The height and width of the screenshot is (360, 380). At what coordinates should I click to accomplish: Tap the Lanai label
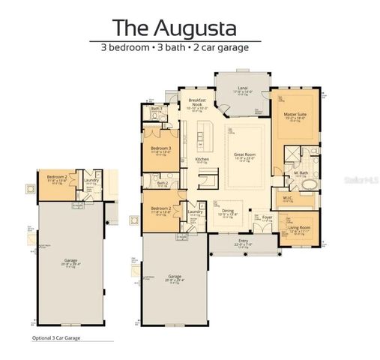[242, 88]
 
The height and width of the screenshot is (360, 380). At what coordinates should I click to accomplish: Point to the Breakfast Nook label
[197, 103]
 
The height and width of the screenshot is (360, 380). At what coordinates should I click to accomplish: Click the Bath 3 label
[156, 109]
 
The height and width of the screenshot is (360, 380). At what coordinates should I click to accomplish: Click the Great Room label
[244, 154]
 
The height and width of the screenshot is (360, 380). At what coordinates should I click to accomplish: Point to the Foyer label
[267, 217]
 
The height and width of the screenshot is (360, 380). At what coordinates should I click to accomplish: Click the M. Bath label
[301, 173]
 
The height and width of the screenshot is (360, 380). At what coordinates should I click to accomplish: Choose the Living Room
[300, 228]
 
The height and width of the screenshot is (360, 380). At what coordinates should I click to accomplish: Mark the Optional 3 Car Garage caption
[56, 338]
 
